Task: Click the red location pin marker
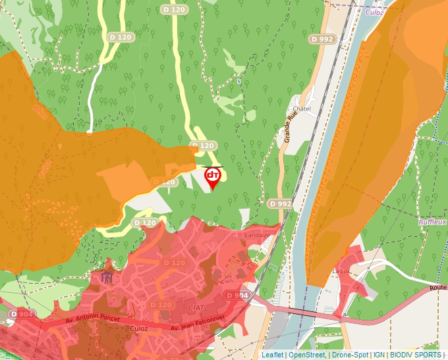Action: pos(213,176)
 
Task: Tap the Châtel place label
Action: pos(301,108)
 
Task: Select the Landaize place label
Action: pos(257,234)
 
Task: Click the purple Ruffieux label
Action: pos(432,222)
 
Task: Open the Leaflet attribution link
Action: pos(272,355)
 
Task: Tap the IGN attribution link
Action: pos(379,355)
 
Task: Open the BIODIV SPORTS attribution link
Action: pos(416,355)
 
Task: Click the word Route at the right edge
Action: pos(437,288)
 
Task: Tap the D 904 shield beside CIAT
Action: pos(237,296)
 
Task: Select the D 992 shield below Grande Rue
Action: pos(280,204)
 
